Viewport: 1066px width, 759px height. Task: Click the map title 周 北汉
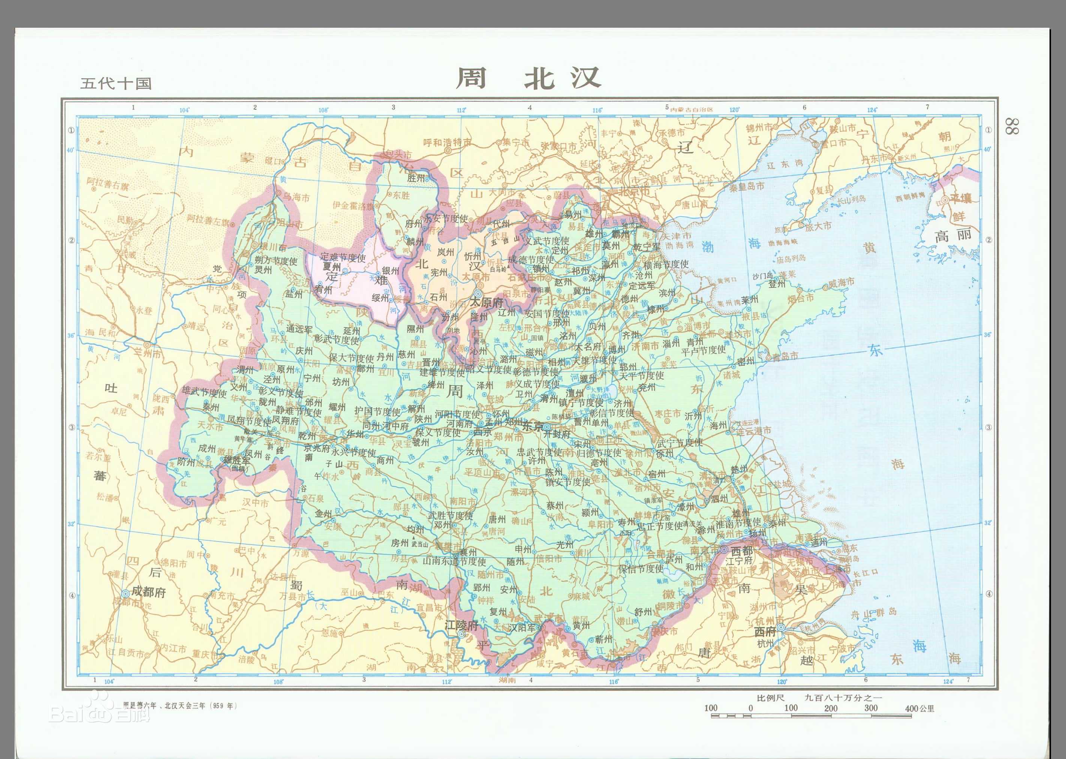tap(528, 78)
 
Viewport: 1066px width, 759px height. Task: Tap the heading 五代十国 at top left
tap(116, 83)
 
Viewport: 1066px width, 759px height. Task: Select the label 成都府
tap(148, 592)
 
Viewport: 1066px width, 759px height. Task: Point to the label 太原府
tap(486, 302)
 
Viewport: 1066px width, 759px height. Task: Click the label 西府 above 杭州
tap(765, 632)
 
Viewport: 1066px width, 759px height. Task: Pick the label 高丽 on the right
tap(952, 235)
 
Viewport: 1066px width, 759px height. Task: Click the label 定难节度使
tap(343, 257)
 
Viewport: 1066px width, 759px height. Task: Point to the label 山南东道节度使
tap(454, 561)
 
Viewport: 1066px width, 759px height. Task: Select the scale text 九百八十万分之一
tap(843, 698)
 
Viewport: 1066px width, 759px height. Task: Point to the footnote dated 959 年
tap(180, 706)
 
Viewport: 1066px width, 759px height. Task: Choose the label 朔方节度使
tap(276, 261)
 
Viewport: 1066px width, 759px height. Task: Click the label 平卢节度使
tap(703, 349)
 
